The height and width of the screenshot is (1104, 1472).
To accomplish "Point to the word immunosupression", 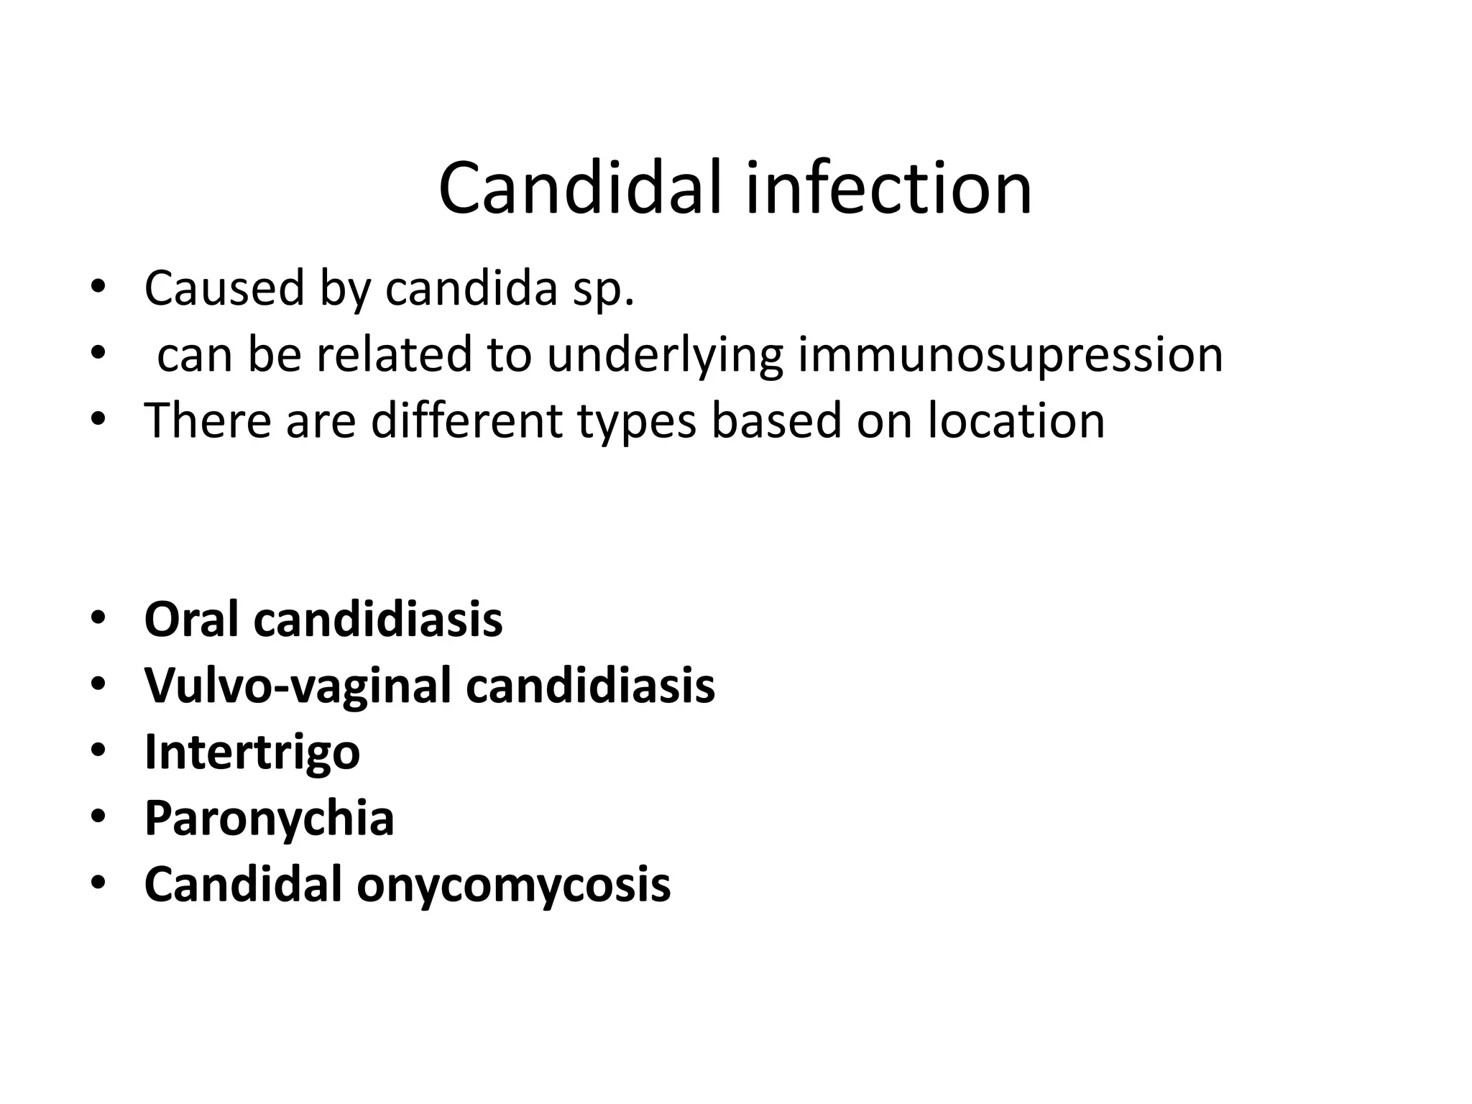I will pos(1010,356).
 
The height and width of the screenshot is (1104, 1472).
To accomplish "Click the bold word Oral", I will pos(192,619).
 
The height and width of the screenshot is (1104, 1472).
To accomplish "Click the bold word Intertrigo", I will pos(252,753).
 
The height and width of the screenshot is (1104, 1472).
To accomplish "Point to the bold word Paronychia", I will pos(270,819).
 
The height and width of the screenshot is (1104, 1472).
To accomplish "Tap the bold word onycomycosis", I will pos(513,885).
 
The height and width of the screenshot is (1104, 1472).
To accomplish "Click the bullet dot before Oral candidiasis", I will pos(98,619).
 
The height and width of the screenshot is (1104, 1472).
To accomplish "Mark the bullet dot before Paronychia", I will pos(98,817).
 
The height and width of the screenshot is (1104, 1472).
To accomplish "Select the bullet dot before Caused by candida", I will pos(98,287).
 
